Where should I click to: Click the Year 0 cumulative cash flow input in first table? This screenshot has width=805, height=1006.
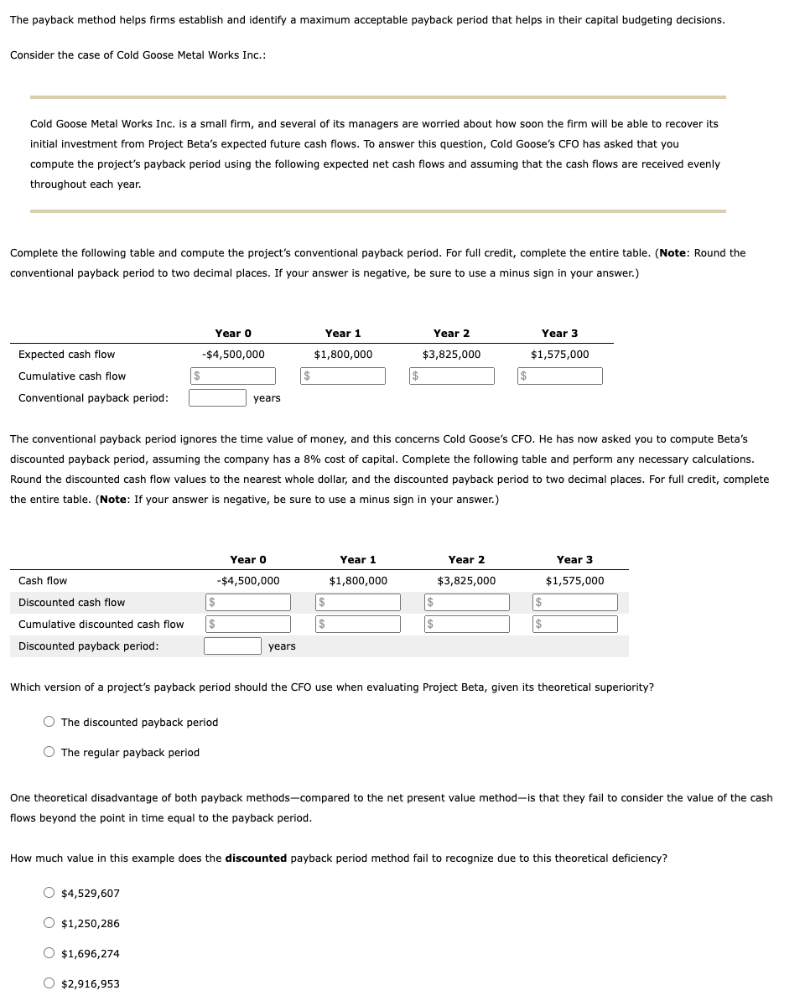(233, 376)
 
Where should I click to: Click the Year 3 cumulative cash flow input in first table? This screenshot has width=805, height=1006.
(560, 376)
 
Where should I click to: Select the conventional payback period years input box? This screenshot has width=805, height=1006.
(216, 398)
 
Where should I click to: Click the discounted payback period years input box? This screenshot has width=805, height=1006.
(232, 646)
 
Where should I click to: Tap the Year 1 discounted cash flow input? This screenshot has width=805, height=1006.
(358, 603)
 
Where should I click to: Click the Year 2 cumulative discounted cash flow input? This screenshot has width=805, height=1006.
(466, 625)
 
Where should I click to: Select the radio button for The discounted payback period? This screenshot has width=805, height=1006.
(50, 723)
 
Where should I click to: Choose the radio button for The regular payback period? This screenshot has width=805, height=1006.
(50, 753)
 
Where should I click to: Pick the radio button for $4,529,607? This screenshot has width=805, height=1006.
(50, 894)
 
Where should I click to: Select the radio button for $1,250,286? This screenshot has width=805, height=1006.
(50, 924)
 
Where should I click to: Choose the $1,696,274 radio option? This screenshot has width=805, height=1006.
(50, 954)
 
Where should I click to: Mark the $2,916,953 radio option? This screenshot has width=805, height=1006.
(50, 984)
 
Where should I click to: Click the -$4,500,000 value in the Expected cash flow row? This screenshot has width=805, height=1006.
(233, 355)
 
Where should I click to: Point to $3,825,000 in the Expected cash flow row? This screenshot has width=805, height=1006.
(451, 355)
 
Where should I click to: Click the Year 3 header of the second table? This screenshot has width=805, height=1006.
(574, 560)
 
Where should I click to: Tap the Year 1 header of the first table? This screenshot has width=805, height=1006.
(343, 334)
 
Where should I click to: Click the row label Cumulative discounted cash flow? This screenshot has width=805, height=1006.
(101, 625)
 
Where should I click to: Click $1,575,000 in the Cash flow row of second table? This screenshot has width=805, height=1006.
(574, 581)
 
